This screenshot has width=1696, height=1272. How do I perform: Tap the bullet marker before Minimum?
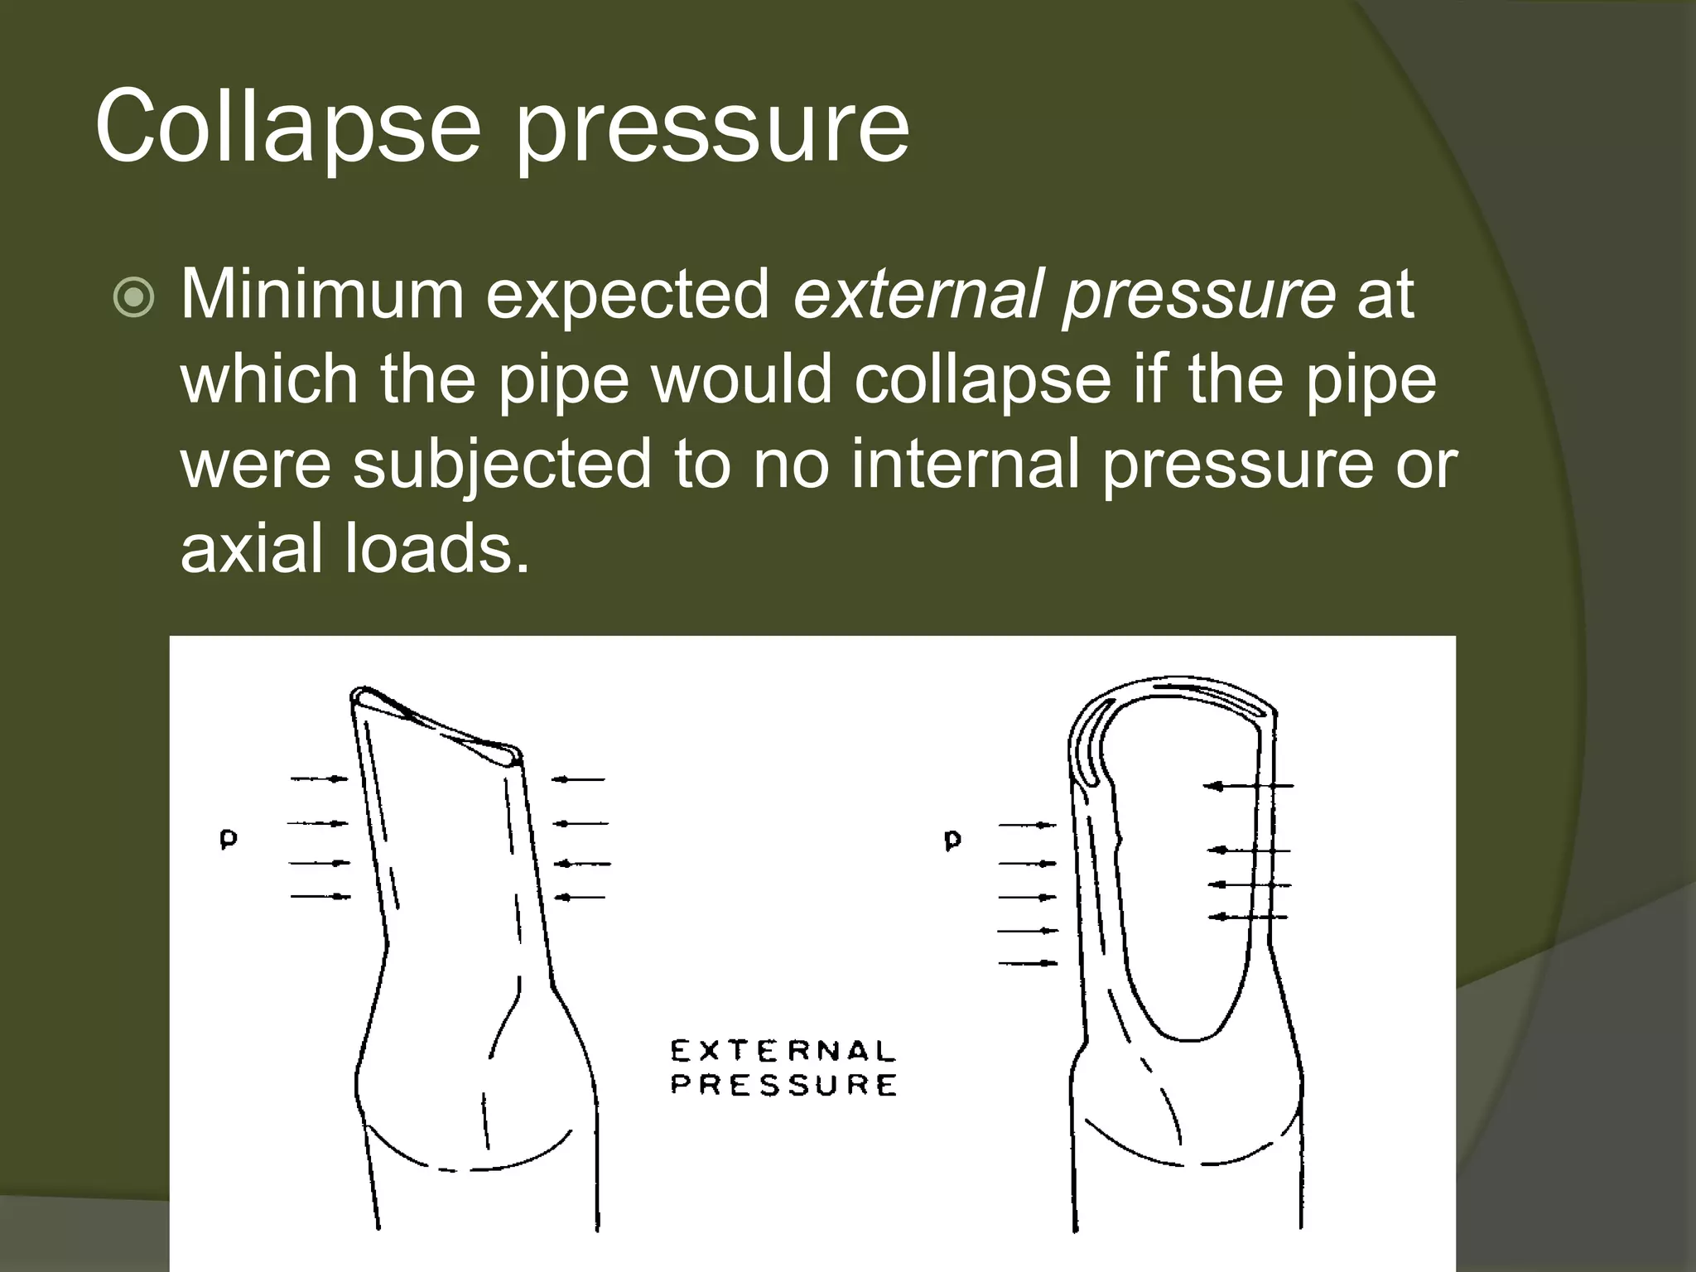coord(133,298)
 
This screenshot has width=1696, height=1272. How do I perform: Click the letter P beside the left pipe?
coord(228,841)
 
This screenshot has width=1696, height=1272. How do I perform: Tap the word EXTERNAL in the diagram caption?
coord(783,1052)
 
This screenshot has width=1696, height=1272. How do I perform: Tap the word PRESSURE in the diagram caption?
coord(783,1085)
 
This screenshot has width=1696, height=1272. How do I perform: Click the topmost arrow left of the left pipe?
coord(320,778)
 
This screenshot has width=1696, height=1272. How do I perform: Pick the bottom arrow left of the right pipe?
coord(1028,963)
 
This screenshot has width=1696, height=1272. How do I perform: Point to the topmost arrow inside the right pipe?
coord(1247,786)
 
